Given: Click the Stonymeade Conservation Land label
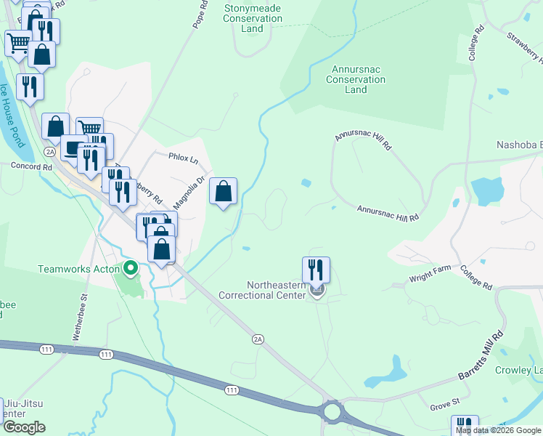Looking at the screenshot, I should (x=252, y=18).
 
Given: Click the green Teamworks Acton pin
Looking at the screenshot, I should (x=131, y=269).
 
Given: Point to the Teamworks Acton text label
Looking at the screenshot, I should (x=79, y=269).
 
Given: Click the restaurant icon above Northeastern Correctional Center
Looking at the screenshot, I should (x=316, y=270).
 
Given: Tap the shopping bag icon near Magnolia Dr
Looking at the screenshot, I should (x=224, y=192).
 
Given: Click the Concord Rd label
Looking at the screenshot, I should (x=32, y=166).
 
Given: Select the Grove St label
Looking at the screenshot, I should (x=445, y=401).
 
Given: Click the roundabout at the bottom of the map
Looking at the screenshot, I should (x=333, y=413).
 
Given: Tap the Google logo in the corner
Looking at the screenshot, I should (x=24, y=427).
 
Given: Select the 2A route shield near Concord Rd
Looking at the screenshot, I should (x=49, y=152).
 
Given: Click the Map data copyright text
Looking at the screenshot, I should (x=499, y=430).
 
